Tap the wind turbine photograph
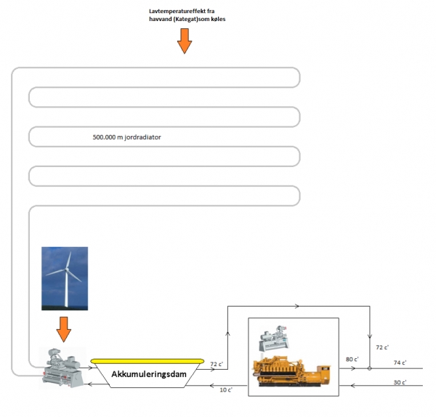coord(65,278)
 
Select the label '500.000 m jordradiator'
coord(127,136)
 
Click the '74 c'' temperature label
coord(399,362)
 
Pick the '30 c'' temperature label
coord(399,381)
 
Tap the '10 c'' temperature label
coord(226,390)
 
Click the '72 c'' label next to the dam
coord(217,363)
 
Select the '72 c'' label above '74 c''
coord(382,347)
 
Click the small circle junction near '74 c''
coord(370,368)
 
